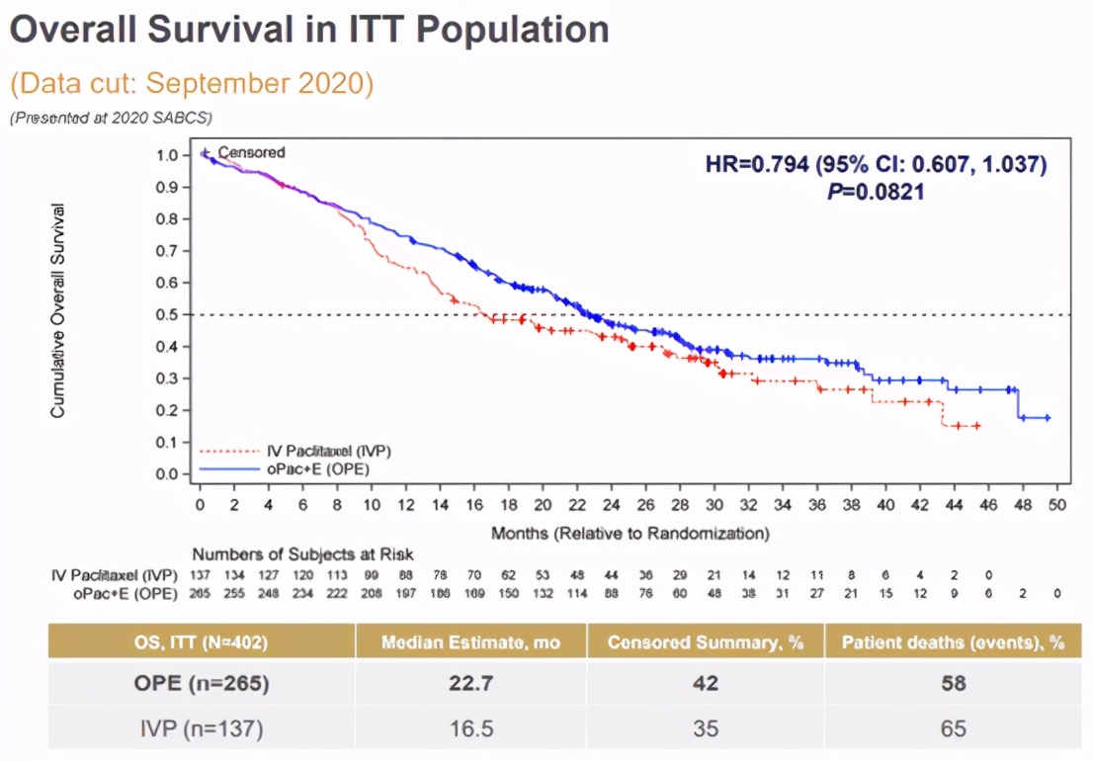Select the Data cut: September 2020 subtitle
click(192, 83)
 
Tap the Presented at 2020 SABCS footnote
click(111, 118)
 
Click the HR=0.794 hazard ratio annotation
click(876, 164)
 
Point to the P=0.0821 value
click(876, 192)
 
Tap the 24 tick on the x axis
click(611, 504)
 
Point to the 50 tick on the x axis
click(1056, 504)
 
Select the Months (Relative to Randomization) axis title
click(630, 534)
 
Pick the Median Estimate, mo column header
click(470, 642)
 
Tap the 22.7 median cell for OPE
click(470, 684)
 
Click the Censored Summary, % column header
click(706, 642)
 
